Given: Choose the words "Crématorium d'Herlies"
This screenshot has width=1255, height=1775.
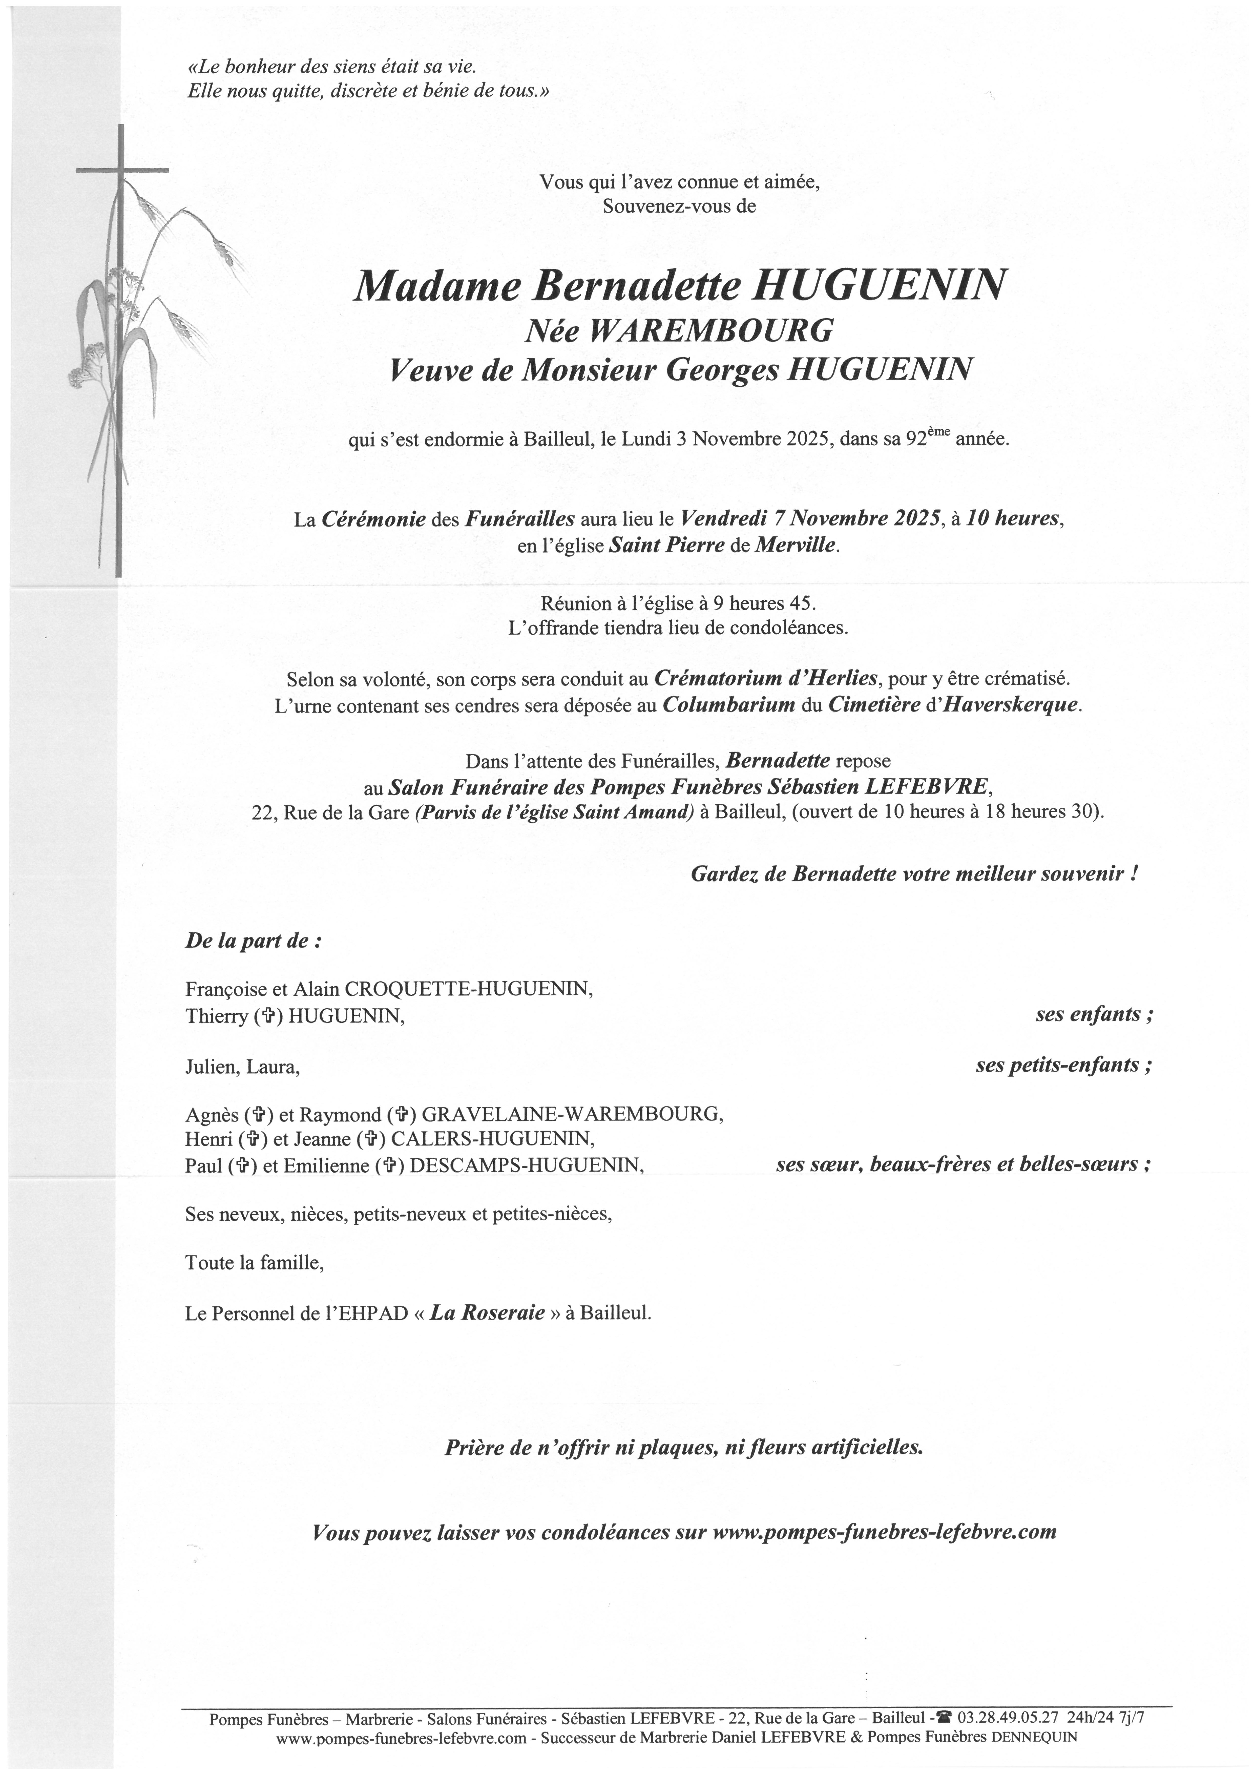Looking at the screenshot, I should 766,679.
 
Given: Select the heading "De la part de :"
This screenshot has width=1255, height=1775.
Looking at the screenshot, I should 253,942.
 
